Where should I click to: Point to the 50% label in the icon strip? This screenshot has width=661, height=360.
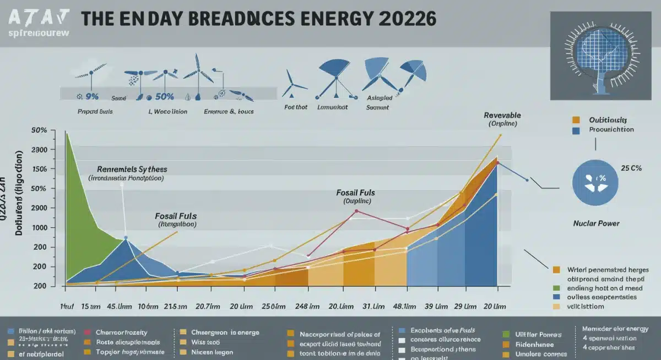point(164,97)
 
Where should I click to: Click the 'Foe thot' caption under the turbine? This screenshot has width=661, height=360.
point(296,107)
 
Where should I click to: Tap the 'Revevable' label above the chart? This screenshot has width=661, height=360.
point(502,116)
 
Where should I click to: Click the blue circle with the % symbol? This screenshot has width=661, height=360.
point(595,182)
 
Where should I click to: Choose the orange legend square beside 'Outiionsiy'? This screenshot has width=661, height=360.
point(576,119)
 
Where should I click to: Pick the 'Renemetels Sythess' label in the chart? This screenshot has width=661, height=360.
point(132,169)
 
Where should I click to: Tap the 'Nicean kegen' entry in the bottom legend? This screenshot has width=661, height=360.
point(212,352)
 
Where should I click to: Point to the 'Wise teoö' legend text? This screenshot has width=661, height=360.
point(206,342)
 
